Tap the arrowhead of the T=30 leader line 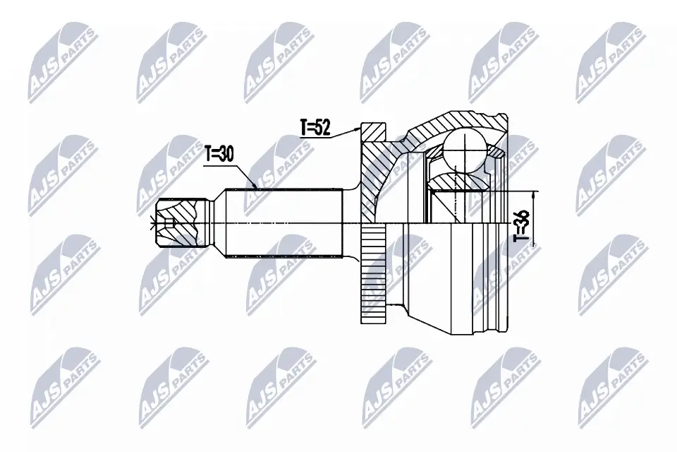255,188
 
